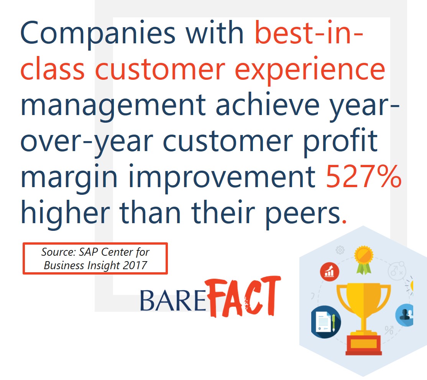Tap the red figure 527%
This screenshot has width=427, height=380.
point(363,177)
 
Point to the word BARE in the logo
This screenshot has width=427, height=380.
point(173,301)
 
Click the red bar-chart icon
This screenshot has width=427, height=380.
point(330,271)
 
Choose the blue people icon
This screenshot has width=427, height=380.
point(405,315)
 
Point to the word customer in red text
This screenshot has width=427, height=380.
point(160,70)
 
